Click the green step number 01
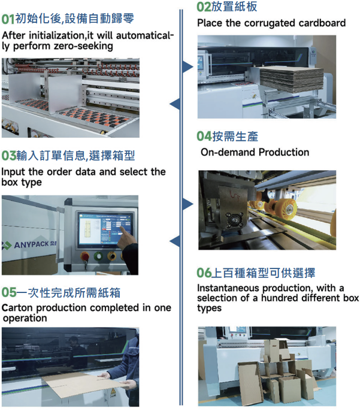coord(8,19)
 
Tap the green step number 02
coord(204,7)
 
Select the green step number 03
coord(8,156)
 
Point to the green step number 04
coord(204,137)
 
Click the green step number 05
coord(9,292)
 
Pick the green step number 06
coord(204,273)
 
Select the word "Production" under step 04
coord(284,152)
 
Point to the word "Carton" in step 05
coord(17,308)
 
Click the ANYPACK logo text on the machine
coord(31,245)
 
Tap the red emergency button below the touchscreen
coord(85,256)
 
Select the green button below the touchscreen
coord(98,256)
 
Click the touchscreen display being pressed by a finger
coord(105,229)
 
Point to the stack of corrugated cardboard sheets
coord(292,78)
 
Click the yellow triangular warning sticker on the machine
coord(113,391)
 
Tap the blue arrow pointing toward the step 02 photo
coord(188,67)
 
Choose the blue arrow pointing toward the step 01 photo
coord(175,104)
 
